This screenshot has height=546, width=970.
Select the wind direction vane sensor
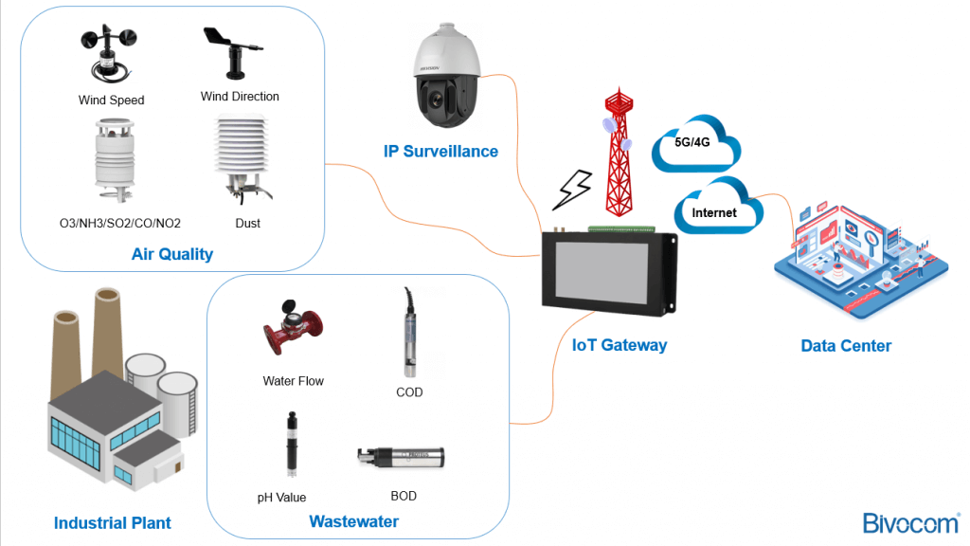230,52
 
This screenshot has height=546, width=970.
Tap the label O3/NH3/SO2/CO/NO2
119,224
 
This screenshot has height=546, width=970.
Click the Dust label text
247,224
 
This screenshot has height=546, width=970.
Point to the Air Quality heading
172,254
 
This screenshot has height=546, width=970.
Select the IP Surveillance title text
440,151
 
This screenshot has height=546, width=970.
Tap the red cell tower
618,152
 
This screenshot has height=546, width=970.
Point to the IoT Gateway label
620,345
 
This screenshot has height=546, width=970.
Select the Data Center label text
846,346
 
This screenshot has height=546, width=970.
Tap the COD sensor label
409,391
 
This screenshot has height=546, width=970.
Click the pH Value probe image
290,445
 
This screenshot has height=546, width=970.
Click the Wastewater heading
353,521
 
